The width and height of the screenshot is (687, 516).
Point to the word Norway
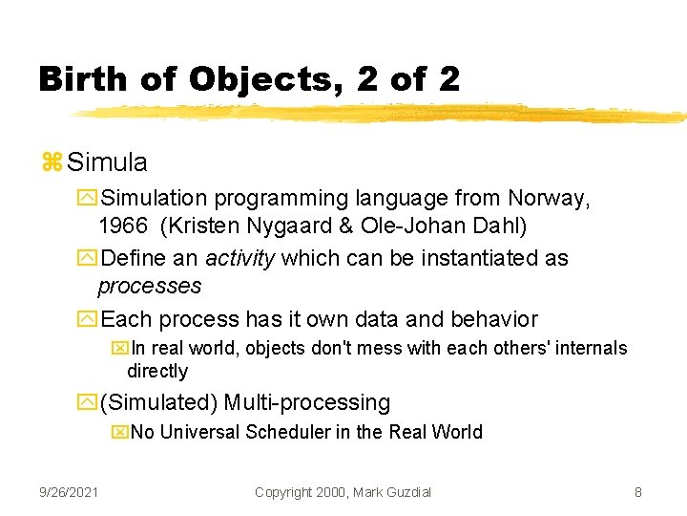548,199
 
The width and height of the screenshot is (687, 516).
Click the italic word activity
238,258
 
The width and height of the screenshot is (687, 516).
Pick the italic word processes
150,286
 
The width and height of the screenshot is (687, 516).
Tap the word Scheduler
287,432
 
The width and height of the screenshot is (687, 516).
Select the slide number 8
637,492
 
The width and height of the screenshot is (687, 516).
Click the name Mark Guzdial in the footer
390,492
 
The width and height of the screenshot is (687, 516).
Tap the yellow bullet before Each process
90,320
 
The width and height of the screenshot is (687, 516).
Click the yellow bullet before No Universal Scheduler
119,433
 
